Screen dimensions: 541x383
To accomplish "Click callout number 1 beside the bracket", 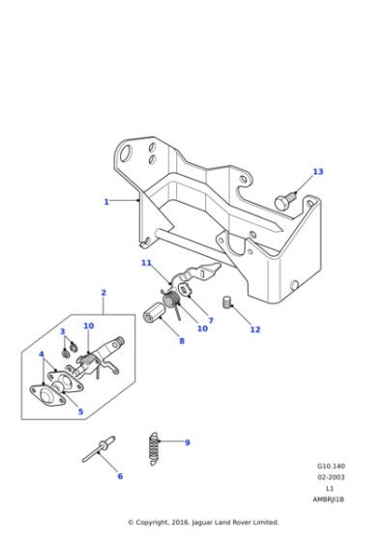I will (x=106, y=202).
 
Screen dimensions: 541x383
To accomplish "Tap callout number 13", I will (x=318, y=172).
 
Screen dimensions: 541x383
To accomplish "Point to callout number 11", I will (x=146, y=263).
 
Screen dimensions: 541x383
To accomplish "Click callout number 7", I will (x=210, y=320).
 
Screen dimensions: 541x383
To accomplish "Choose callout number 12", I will (x=255, y=329).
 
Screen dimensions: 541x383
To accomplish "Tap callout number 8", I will (x=181, y=341).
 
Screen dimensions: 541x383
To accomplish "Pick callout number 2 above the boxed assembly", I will (x=103, y=293).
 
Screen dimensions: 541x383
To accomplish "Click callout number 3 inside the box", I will (x=62, y=331).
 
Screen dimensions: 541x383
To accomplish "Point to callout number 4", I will (x=42, y=355).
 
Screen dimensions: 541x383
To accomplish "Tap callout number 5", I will (x=80, y=412).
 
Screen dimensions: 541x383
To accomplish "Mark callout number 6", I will (x=120, y=476).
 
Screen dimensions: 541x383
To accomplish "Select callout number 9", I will (x=187, y=442).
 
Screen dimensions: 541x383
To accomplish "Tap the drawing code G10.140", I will (x=330, y=464).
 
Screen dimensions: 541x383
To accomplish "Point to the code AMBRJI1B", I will (x=330, y=499).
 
